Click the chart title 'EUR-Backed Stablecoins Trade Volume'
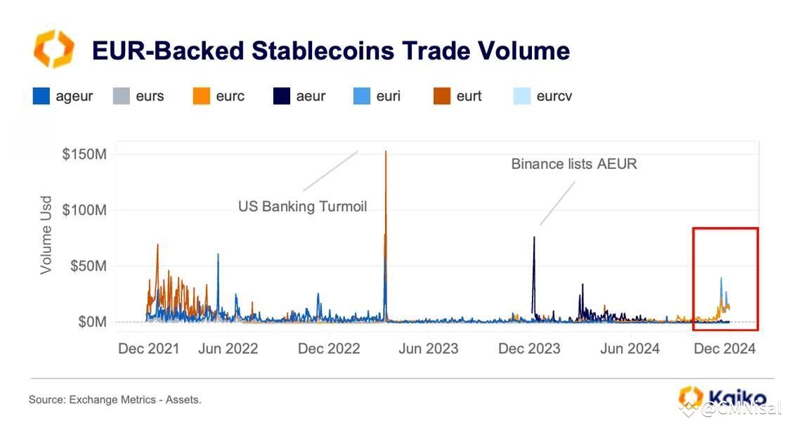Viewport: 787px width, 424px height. [330, 51]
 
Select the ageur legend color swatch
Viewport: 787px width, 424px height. [41, 96]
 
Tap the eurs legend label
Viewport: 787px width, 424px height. [150, 96]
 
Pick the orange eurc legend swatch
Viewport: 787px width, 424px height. [202, 96]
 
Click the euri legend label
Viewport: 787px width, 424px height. [389, 96]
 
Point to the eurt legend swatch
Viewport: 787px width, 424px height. [442, 96]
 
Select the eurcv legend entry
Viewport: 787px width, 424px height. [554, 96]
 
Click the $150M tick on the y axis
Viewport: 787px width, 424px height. [84, 154]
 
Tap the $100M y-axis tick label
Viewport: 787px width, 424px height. [84, 210]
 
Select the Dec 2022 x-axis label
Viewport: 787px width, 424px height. [329, 349]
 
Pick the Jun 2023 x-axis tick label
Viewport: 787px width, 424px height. [428, 349]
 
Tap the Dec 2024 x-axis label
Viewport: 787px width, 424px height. [724, 349]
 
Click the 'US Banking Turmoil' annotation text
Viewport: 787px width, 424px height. [302, 207]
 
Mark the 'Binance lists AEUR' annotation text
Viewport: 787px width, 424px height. [573, 164]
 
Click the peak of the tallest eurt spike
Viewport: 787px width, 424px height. [385, 152]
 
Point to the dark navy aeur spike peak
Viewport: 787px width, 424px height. [534, 238]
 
